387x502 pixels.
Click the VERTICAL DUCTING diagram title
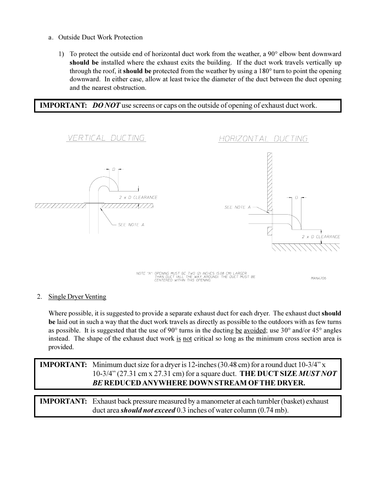click(106, 138)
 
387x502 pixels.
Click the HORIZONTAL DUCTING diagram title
click(263, 139)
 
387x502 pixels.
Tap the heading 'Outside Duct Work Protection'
click(100, 37)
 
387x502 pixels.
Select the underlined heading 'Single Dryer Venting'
click(77, 297)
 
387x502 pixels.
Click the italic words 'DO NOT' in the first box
click(106, 106)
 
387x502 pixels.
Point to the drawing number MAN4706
click(318, 278)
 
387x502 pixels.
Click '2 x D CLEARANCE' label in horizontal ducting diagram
click(321, 237)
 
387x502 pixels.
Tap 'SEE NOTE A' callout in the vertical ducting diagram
click(131, 225)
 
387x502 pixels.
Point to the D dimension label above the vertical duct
click(114, 169)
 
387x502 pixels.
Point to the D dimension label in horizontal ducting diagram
click(296, 198)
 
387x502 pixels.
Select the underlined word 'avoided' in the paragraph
click(255, 330)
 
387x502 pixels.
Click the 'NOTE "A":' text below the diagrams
click(144, 274)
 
